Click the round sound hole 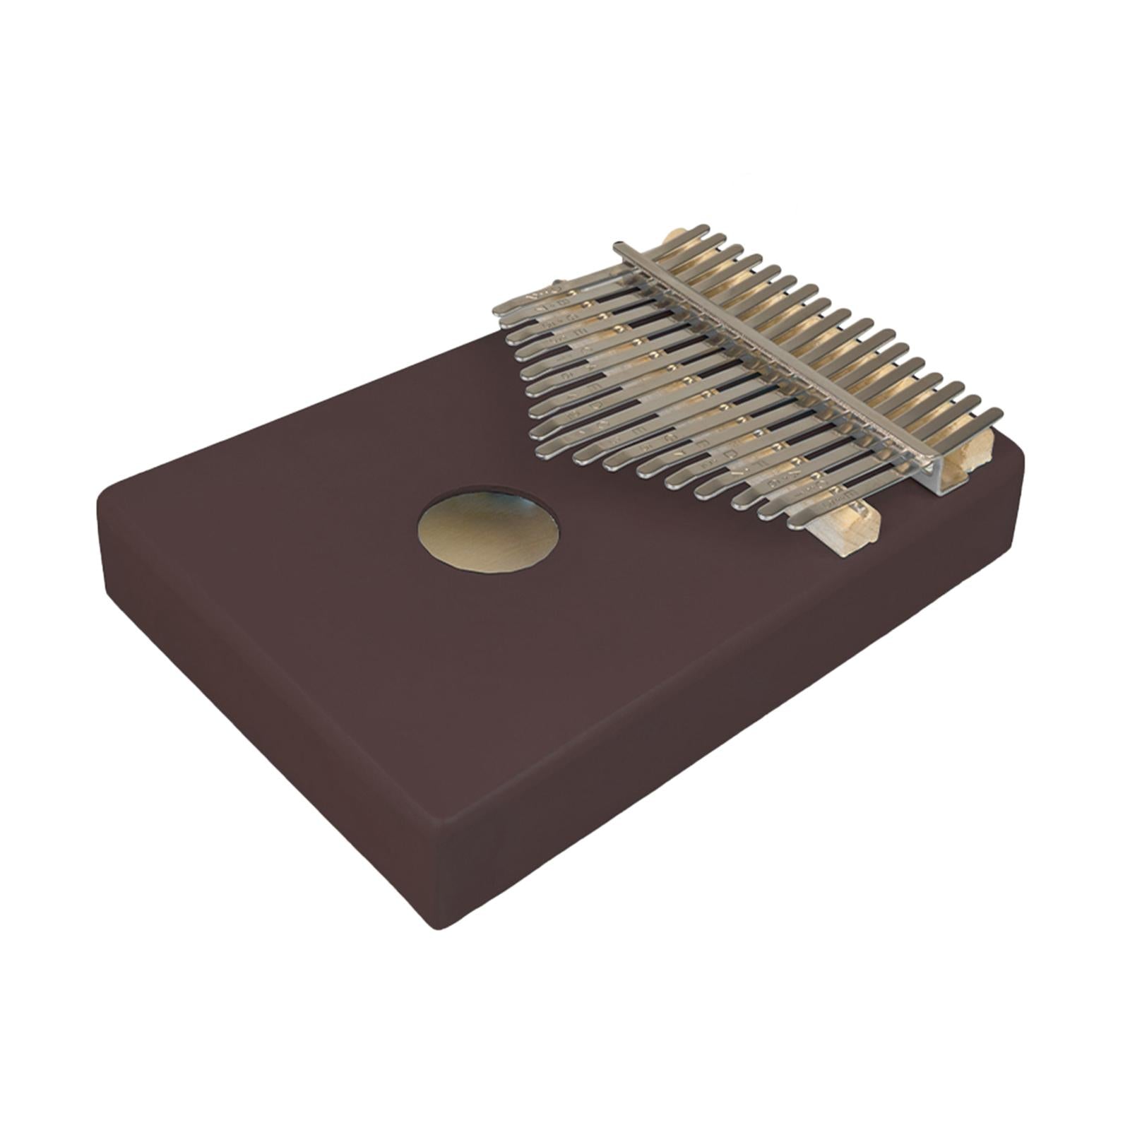click(488, 529)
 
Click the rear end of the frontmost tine click(996, 414)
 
